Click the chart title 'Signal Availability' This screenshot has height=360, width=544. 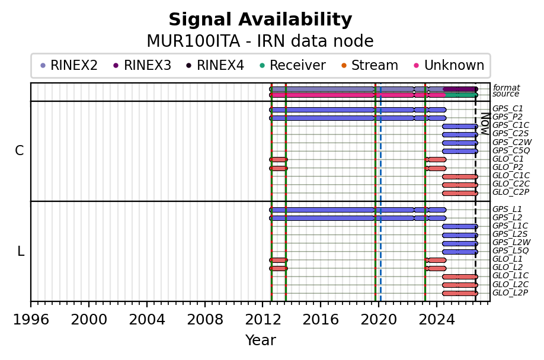coord(260,20)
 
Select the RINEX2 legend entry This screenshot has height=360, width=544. coord(69,65)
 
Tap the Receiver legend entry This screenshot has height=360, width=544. coord(293,65)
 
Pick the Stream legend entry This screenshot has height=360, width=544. coord(370,65)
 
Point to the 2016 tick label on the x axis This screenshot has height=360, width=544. coord(320,320)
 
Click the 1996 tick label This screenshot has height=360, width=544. coord(31,320)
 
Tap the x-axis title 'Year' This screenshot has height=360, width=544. coord(261,340)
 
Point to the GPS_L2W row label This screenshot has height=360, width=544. coord(511,242)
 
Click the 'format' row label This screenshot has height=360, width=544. coord(506,87)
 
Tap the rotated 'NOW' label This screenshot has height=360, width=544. coord(485,124)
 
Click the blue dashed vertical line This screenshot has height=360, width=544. coord(380,192)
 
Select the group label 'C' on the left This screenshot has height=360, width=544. coord(20,151)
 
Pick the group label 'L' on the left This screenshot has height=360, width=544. coord(21,251)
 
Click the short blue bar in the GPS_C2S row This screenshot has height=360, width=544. coord(460,134)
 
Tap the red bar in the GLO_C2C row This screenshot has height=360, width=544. coord(460,185)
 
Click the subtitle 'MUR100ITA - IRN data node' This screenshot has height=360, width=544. coord(260,41)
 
